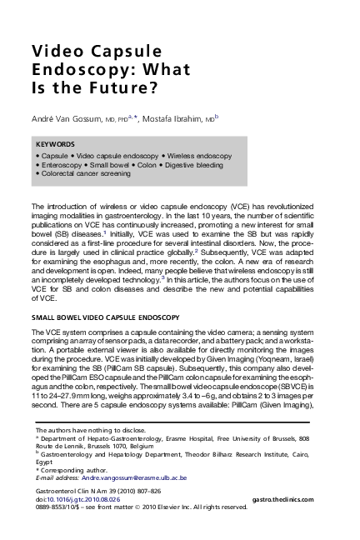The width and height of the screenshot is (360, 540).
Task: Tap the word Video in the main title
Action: tap(58, 51)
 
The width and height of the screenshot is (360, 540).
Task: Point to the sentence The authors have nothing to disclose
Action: tap(87, 429)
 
